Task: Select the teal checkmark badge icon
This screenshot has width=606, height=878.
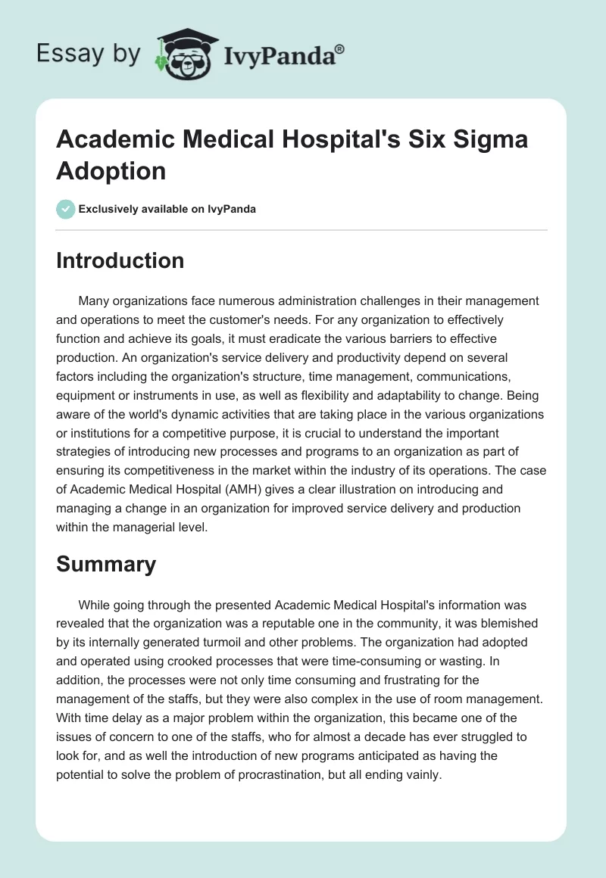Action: click(66, 208)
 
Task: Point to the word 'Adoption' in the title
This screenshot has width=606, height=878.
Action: click(111, 170)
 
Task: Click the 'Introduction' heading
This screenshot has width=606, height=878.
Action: click(120, 260)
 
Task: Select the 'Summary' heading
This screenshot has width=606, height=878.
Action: click(107, 564)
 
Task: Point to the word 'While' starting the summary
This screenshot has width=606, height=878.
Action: click(94, 605)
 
